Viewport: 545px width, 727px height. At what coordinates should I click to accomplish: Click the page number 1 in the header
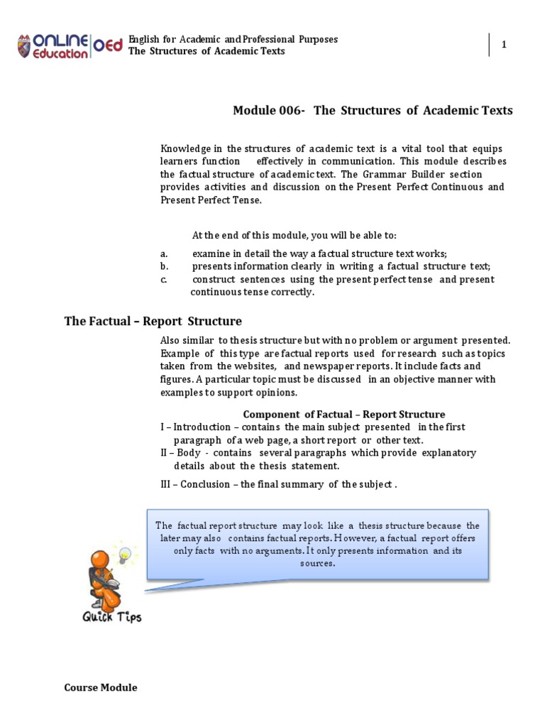[505, 45]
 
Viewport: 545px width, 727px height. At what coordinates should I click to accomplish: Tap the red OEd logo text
[108, 46]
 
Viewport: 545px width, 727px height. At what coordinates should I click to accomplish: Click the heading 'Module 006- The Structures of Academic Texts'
[373, 110]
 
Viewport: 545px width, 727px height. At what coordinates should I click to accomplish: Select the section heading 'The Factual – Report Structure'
[153, 321]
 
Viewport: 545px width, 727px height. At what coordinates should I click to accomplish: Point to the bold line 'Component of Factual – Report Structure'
[344, 414]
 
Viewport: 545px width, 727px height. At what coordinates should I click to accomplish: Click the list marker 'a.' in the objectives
[164, 253]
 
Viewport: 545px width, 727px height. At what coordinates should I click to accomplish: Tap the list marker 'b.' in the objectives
[164, 266]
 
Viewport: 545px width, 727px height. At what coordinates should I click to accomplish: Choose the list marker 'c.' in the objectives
[163, 279]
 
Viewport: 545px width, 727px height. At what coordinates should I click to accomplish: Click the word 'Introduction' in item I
[202, 427]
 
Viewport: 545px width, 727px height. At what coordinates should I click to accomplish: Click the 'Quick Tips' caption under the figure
[111, 616]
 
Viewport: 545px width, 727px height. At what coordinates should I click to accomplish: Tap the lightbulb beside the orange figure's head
[126, 553]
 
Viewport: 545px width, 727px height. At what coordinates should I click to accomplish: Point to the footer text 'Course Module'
[101, 687]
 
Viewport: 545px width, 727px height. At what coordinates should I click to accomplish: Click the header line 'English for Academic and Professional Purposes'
[233, 39]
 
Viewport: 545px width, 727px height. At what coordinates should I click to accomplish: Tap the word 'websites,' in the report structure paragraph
[254, 366]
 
